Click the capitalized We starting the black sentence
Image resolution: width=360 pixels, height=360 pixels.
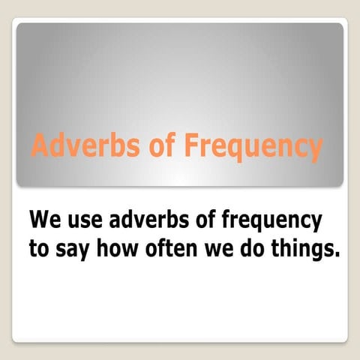(x=43, y=221)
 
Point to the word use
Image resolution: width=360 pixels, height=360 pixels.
(x=82, y=222)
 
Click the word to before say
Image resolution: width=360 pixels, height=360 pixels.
(x=38, y=249)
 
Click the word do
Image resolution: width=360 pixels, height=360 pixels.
(x=250, y=249)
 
